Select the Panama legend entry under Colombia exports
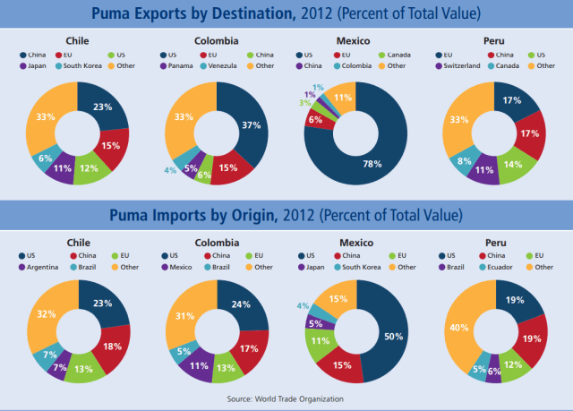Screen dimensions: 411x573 [178, 65]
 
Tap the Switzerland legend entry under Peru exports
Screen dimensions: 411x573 [465, 65]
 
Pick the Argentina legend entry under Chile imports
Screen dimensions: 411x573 [44, 266]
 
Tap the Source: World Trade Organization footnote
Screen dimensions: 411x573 [286, 398]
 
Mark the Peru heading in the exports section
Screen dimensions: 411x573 [495, 41]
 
